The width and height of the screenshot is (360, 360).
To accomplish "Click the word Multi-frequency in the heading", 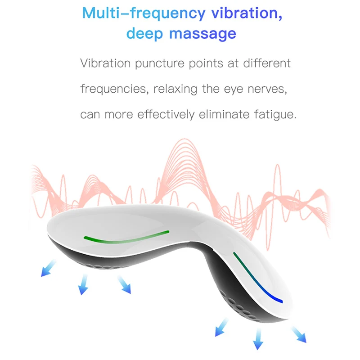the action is tap(144, 13).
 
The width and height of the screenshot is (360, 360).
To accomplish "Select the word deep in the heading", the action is tap(144, 34).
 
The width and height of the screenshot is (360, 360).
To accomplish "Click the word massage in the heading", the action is tap(202, 34).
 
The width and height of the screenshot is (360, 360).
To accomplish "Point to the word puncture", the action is tap(160, 63).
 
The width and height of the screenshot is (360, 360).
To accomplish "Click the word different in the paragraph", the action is tap(267, 63).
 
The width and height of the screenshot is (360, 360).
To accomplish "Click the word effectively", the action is tap(166, 114).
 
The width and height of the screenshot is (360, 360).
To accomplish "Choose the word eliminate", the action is tap(224, 114).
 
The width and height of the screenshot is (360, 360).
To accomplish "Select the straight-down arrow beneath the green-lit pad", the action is tap(83, 284).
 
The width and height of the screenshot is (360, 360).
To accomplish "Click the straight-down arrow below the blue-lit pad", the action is tap(258, 339).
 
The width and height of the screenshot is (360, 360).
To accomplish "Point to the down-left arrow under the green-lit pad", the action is tap(49, 268).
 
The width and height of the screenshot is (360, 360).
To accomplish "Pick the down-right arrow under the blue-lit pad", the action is tap(299, 334).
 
